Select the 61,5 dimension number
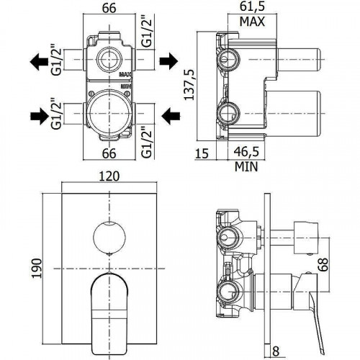pyautogui.click(x=252, y=8)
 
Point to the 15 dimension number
pyautogui.click(x=202, y=153)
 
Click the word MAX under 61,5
pyautogui.click(x=252, y=21)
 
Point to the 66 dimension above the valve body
pyautogui.click(x=109, y=8)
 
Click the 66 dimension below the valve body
pyautogui.click(x=109, y=153)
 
